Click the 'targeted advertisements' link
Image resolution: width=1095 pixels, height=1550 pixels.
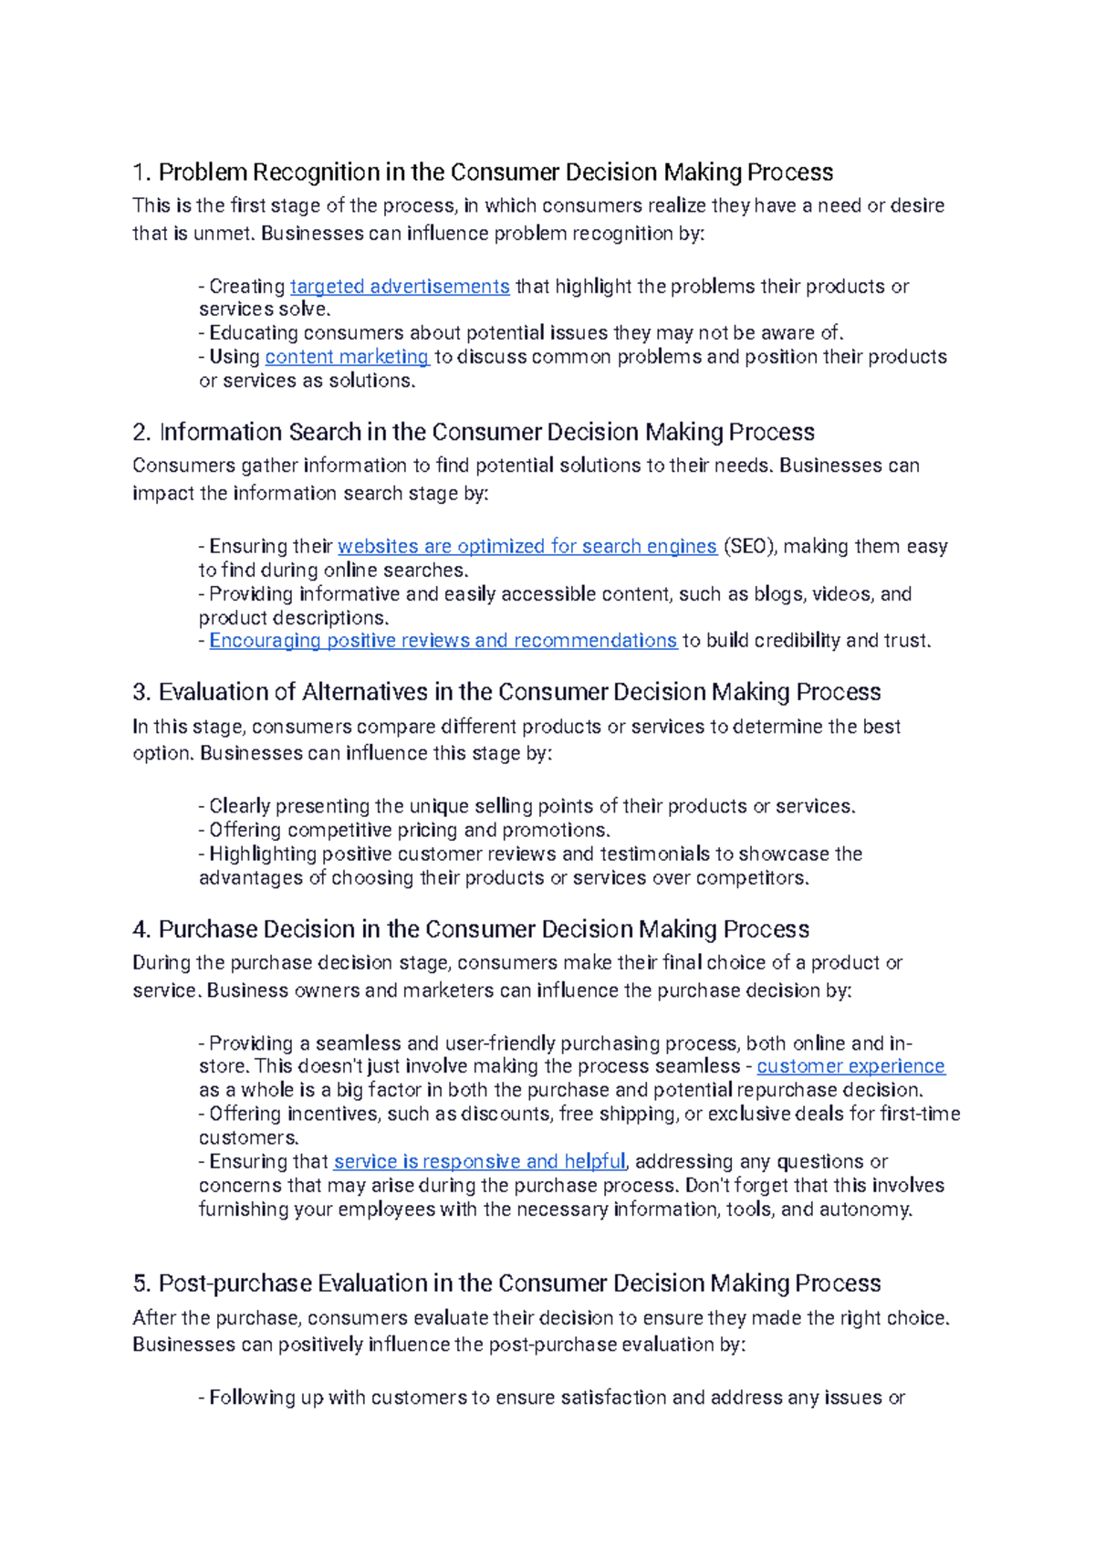point(399,287)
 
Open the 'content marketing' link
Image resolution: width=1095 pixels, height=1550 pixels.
point(346,357)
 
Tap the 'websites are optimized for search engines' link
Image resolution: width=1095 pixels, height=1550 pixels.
point(527,547)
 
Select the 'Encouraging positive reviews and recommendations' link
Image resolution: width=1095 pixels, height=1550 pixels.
point(443,641)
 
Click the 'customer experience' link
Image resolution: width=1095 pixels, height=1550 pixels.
point(850,1066)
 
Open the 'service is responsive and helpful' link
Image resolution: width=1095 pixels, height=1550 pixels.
point(479,1162)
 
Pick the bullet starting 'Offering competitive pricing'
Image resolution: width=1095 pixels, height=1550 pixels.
point(404,831)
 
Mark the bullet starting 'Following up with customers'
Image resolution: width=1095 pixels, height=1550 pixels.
point(551,1398)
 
